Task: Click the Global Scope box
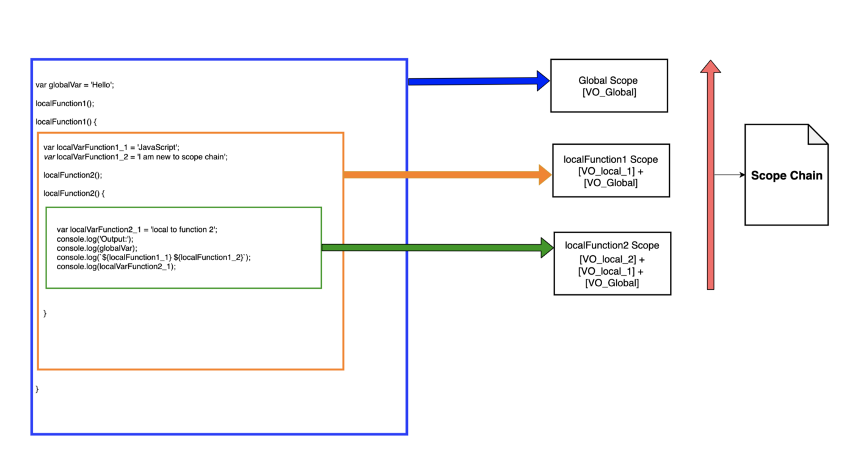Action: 608,86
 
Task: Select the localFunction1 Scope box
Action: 611,171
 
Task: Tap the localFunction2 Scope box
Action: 612,264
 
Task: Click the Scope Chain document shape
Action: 786,175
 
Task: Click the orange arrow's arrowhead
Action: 545,175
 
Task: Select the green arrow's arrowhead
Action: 547,248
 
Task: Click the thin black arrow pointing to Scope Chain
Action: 729,175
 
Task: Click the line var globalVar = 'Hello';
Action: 75,85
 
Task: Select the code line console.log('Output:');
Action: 95,239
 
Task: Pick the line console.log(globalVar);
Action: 97,248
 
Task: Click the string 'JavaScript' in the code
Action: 158,148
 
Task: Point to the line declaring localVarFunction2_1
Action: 137,230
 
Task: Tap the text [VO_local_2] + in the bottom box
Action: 612,259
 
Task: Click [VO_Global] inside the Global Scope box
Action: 609,93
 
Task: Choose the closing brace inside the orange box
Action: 45,313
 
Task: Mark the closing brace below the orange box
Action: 37,389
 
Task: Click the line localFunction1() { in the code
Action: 66,121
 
